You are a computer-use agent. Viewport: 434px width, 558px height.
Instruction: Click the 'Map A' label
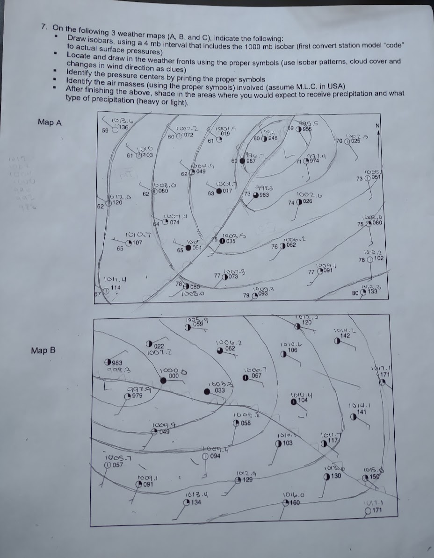(x=50, y=122)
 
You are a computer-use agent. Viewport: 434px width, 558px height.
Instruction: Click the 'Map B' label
(x=43, y=350)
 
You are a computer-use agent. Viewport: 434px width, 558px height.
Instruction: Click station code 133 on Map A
(x=373, y=292)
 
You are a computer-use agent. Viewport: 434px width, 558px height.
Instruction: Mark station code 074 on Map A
(x=174, y=222)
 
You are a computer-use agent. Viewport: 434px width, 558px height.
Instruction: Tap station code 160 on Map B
(x=294, y=503)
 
